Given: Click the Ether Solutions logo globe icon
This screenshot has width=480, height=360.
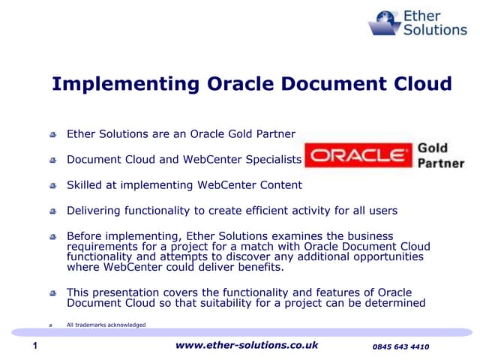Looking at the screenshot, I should coord(385,22).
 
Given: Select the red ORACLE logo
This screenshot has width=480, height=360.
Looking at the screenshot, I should coord(358,156).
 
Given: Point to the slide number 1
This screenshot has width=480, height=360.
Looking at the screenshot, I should coord(35,346).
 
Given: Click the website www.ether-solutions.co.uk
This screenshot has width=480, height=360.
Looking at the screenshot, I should coord(247,345).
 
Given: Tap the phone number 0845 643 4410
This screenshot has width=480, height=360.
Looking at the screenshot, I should coord(400,346).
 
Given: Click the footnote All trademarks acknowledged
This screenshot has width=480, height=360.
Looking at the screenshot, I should coord(106,325).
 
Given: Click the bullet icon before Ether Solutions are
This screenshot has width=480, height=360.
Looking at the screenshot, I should coord(53,135).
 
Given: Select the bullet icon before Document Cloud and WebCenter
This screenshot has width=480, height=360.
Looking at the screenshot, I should coord(53,160).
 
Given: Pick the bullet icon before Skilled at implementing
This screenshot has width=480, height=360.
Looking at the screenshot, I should coord(53,185).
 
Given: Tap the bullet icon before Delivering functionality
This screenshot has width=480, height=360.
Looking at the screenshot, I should coord(53,211).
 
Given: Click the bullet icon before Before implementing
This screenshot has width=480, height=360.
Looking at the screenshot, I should coord(53,237).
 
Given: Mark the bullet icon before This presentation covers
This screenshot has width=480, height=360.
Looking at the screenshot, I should coord(53,293).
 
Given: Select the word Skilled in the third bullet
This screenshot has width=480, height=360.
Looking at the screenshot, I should coord(86,184).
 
